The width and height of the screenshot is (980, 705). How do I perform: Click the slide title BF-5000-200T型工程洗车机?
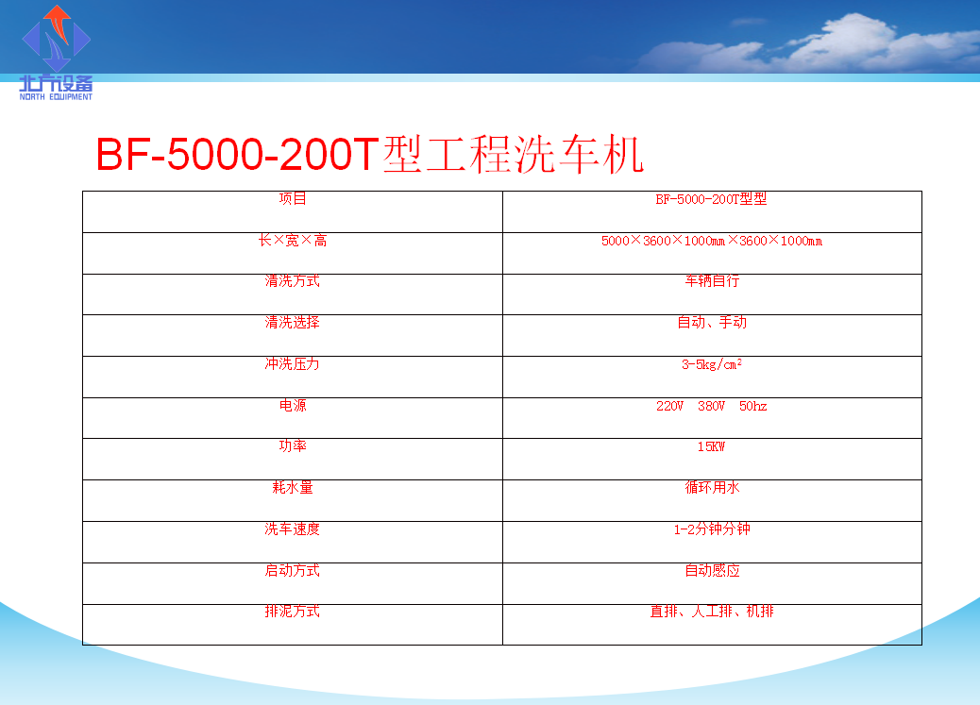369,155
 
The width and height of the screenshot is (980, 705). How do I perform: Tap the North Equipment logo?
57,53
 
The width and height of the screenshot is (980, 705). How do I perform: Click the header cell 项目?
293,199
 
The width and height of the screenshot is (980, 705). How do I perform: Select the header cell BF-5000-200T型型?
711,199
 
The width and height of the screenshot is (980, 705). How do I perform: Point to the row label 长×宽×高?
293,241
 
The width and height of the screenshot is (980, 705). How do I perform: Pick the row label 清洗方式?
293,281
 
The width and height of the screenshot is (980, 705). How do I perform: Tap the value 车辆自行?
712,281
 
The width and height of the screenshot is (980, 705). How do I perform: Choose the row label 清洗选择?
293,323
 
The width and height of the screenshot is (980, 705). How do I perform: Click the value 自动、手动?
712,323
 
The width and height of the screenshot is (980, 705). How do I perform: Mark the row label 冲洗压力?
293,363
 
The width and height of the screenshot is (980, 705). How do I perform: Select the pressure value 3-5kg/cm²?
712,364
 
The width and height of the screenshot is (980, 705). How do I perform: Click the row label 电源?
293,406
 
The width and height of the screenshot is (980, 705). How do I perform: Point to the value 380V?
711,406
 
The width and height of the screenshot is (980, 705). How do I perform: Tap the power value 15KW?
711,446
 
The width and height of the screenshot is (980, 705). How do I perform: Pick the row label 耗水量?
293,488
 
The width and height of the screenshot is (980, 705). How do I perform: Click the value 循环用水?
712,488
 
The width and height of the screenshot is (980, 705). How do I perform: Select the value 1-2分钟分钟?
712,529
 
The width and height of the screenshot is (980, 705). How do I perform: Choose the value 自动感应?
712,571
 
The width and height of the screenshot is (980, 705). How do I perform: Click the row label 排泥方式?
293,612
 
